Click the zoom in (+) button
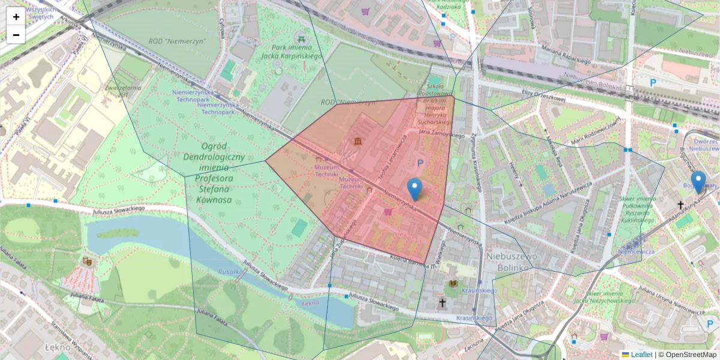tap(16, 17)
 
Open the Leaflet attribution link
tap(641, 355)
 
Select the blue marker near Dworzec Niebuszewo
tap(698, 182)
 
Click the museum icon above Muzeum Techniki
tap(358, 141)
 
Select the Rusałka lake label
tap(230, 271)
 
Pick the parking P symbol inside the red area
tap(420, 162)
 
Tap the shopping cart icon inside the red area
tap(388, 211)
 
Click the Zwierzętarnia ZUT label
tap(123, 91)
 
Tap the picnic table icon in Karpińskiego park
tap(302, 38)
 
